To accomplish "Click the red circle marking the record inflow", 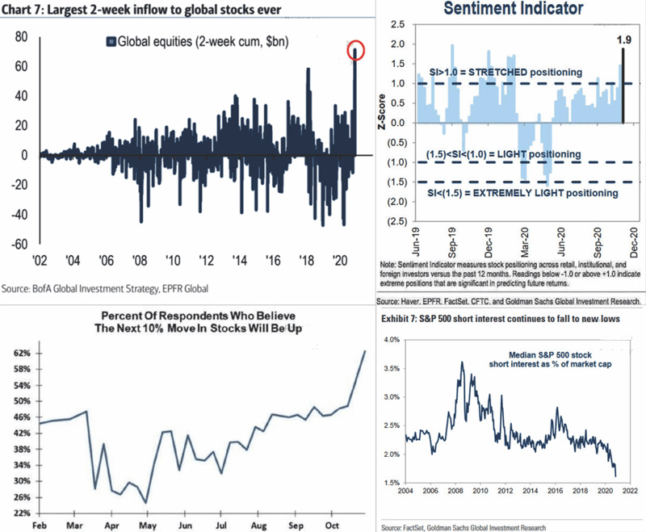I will point(355,52).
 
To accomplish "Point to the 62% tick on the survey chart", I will point(21,353).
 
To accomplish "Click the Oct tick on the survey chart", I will point(331,524).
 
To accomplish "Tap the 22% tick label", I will point(21,512).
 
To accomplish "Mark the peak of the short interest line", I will point(461,362).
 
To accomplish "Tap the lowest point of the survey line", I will point(146,503).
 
